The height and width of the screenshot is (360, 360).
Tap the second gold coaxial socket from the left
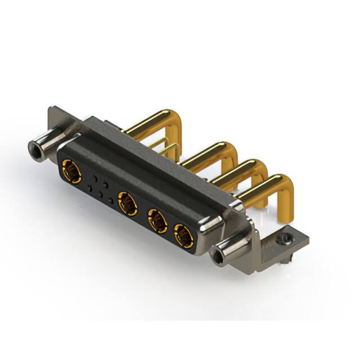click(x=128, y=203)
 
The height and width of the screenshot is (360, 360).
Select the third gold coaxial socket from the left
click(x=157, y=220)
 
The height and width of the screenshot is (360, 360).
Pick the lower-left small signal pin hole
click(x=89, y=188)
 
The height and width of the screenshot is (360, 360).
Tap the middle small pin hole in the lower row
click(x=100, y=195)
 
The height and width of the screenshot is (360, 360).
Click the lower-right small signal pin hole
click(x=111, y=201)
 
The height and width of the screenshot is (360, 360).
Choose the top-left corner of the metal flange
click(x=52, y=109)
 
